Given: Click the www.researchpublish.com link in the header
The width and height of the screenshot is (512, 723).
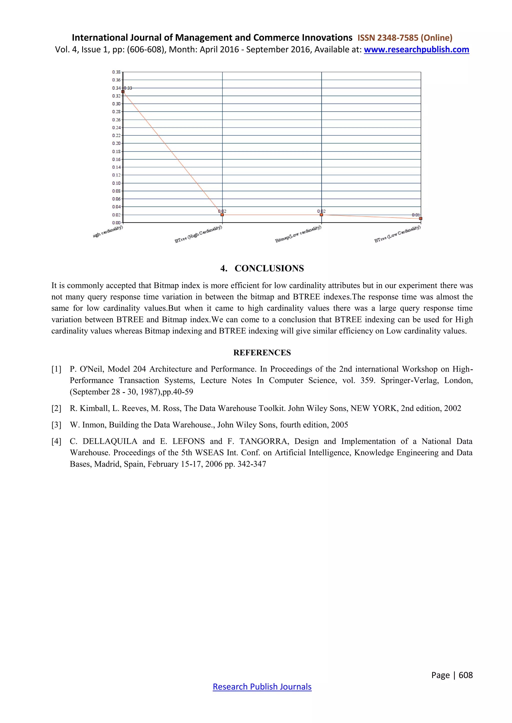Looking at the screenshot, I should [x=416, y=50].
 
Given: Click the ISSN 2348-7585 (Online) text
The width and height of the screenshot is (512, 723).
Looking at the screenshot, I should [x=405, y=38].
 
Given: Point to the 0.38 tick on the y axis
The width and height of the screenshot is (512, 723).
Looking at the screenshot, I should [x=116, y=72].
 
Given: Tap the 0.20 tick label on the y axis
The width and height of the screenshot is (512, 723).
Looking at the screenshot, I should [x=116, y=143].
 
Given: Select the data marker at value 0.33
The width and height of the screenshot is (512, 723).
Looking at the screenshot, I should [x=123, y=92].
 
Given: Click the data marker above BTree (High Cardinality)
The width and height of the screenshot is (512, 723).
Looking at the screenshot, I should [x=222, y=215].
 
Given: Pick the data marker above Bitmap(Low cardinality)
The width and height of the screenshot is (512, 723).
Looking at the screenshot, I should [x=321, y=215].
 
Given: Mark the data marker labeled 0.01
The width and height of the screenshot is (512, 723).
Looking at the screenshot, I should [x=420, y=218].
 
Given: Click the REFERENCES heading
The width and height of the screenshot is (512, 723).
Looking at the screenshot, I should [x=262, y=353].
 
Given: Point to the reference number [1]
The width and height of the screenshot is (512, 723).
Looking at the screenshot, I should [x=56, y=369].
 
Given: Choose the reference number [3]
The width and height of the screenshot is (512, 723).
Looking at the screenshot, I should [x=56, y=425].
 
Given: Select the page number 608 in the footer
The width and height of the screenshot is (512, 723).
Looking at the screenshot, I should [x=466, y=675].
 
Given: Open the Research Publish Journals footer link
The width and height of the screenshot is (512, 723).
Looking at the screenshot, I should [x=262, y=687].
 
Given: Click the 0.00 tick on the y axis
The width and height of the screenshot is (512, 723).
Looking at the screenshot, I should [x=116, y=223].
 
